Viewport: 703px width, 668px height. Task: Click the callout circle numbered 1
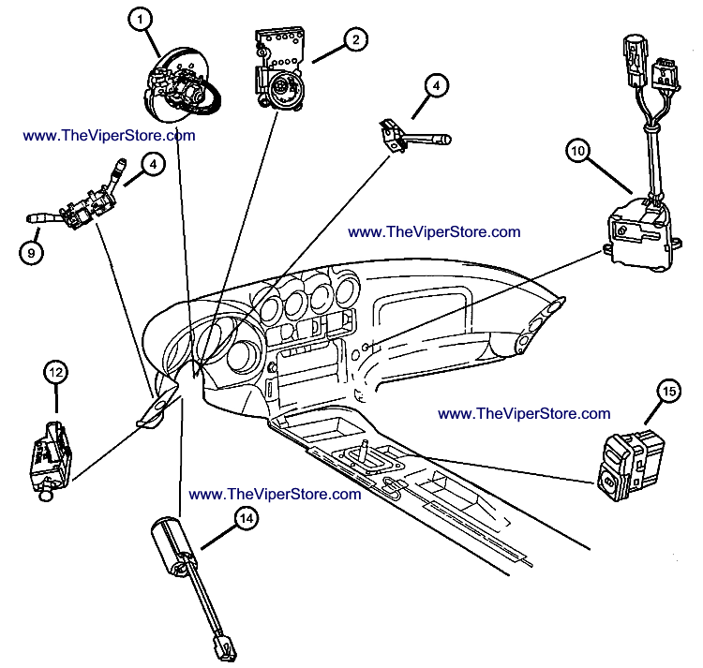pos(140,19)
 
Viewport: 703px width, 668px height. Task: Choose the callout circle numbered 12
pos(55,372)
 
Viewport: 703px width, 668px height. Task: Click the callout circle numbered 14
pos(246,515)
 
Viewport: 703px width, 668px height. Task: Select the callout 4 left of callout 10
pos(435,85)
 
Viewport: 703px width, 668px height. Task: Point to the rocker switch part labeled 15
pos(623,464)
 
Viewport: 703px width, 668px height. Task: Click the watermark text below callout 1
pos(110,135)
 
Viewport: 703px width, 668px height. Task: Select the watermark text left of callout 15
pos(524,413)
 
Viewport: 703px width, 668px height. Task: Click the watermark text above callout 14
pos(275,494)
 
